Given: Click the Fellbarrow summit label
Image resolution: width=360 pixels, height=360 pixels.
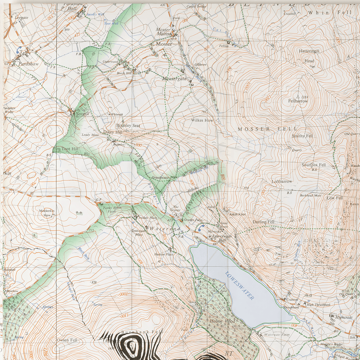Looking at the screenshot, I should [298, 101].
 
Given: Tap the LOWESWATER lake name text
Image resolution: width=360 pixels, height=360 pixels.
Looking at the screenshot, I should [239, 286].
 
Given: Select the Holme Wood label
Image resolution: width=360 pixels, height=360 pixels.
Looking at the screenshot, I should [222, 321].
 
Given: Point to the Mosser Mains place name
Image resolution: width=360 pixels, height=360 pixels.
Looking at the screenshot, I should [163, 32].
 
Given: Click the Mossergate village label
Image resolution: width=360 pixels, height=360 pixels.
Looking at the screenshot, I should [174, 79].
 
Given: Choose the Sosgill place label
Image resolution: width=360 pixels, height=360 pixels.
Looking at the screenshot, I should [82, 114].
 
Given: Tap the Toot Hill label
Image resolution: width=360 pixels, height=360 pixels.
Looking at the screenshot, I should [70, 149].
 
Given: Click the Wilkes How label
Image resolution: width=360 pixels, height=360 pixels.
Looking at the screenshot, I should [202, 120].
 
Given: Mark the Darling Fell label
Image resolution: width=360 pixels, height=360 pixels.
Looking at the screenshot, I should [263, 222].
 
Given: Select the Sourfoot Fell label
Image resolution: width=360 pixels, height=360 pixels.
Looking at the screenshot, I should [313, 165].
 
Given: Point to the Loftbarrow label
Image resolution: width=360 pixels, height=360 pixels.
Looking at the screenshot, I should [282, 182].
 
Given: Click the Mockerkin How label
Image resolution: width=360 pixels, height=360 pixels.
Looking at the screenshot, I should [47, 213].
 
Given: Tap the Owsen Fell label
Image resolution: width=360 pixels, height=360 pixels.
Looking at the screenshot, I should [67, 340].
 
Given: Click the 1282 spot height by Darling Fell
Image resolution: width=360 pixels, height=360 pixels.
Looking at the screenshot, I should [273, 229].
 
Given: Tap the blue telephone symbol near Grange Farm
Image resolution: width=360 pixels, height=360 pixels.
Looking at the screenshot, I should [200, 227].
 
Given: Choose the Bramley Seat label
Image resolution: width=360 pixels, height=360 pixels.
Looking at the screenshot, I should [128, 126].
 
